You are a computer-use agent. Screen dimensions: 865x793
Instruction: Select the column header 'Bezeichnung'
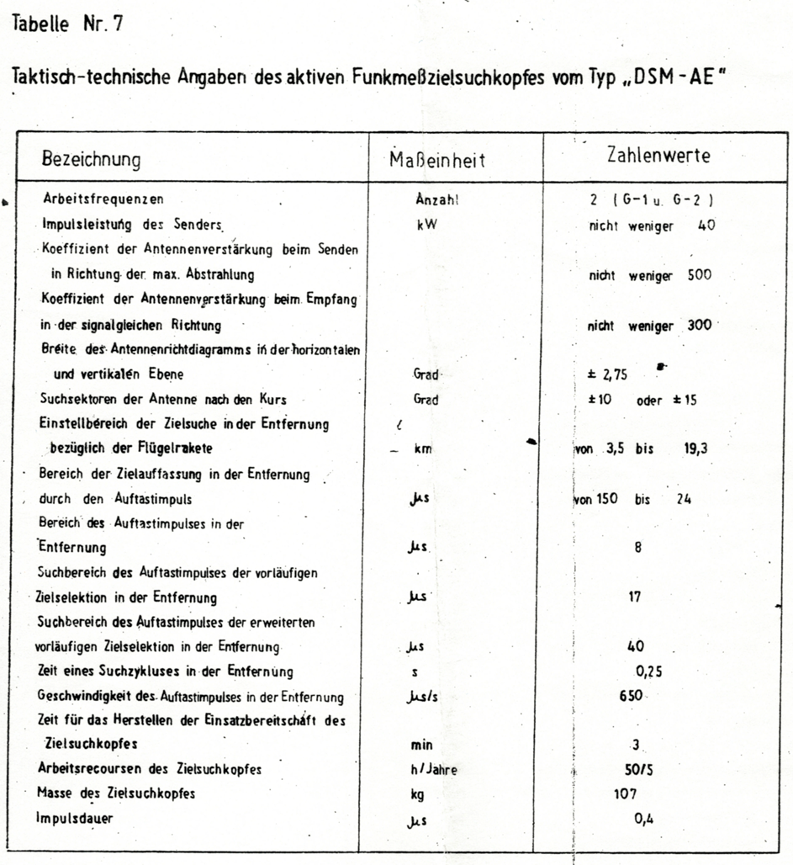click(x=92, y=160)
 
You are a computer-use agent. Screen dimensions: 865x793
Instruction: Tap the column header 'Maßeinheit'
click(x=437, y=160)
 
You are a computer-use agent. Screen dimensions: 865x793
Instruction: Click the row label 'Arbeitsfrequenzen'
click(x=103, y=200)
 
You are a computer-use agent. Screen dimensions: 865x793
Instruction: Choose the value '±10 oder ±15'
click(x=642, y=401)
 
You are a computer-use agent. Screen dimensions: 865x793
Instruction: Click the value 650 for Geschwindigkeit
click(x=631, y=696)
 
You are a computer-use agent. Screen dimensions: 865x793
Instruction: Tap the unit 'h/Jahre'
click(x=428, y=770)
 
